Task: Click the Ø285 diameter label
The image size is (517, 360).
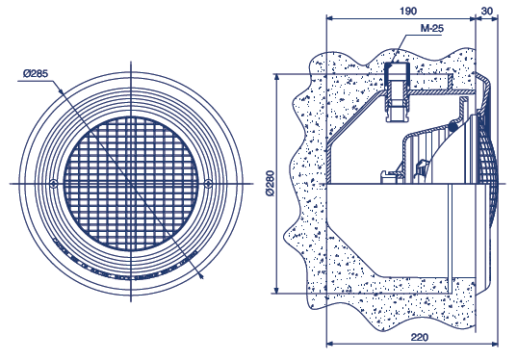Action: coord(36,73)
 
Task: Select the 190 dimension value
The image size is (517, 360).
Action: coord(408,11)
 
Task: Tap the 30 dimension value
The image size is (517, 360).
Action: coord(486,11)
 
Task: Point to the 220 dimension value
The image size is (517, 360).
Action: coord(420,337)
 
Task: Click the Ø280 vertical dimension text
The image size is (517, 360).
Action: coord(271,183)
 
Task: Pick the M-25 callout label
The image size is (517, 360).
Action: coord(432,28)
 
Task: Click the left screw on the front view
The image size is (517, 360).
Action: coord(53,184)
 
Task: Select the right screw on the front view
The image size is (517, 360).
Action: coord(208,184)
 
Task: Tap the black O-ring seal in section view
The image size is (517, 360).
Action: coord(453,125)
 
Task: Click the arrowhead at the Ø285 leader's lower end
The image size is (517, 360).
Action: coord(201,276)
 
